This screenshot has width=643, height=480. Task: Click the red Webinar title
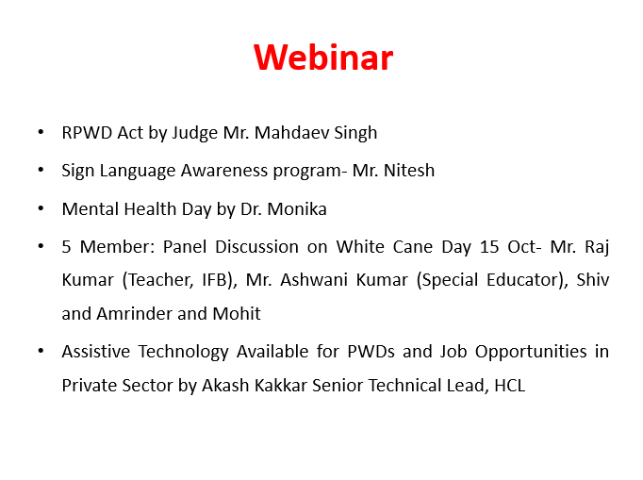click(323, 57)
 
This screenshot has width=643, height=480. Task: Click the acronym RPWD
click(87, 133)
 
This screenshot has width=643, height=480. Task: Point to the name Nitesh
click(409, 171)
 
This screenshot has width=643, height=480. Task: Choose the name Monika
click(297, 208)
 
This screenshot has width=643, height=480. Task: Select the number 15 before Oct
click(489, 247)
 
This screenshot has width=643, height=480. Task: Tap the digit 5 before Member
click(66, 247)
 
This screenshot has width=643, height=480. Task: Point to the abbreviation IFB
click(215, 280)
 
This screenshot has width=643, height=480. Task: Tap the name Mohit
click(237, 314)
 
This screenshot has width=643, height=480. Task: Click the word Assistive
click(96, 352)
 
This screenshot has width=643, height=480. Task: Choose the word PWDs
click(371, 352)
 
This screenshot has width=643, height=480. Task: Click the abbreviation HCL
click(510, 386)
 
